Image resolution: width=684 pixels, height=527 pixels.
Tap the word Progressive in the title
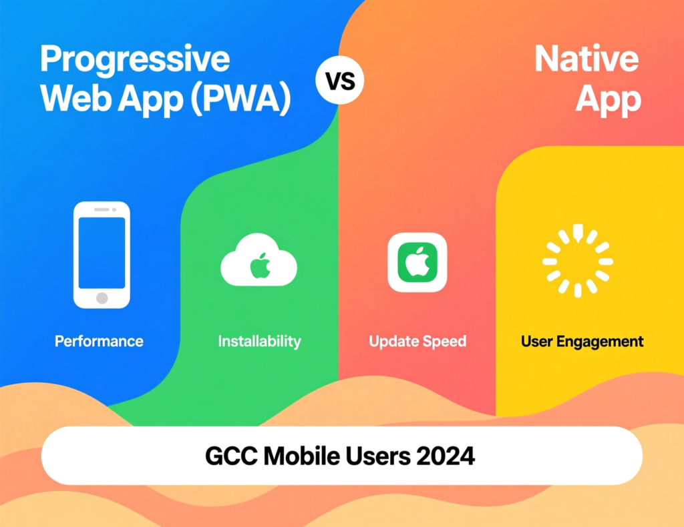(135, 60)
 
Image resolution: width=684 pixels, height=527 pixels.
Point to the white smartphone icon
(102, 255)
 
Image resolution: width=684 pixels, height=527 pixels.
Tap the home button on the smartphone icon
(102, 298)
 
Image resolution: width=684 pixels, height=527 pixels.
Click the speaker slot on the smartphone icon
(102, 209)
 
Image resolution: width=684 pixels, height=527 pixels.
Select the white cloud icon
(259, 263)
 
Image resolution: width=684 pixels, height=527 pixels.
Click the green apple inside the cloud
(261, 266)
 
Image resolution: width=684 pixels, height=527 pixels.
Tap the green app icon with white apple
(417, 262)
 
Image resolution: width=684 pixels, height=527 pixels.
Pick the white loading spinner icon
(577, 261)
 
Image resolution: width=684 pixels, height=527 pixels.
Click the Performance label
(99, 342)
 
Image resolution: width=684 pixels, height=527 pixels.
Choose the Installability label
(259, 342)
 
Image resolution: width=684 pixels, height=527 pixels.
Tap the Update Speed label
(417, 342)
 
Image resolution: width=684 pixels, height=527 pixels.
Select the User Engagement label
(582, 342)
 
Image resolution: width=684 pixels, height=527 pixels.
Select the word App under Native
(608, 99)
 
